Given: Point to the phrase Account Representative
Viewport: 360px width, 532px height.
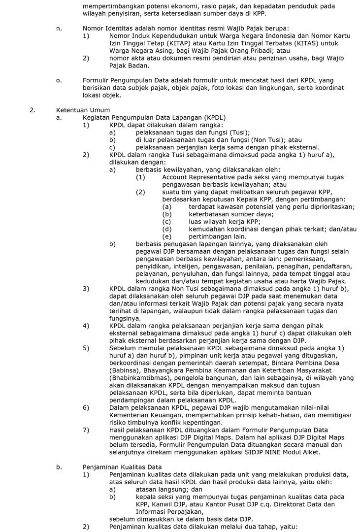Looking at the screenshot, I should tap(204, 177).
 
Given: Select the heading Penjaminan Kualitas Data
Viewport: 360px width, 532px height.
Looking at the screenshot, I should tap(123, 466).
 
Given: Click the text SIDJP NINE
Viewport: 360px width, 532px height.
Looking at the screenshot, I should tap(248, 452).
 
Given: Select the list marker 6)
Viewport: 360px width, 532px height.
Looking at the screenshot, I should tap(86, 407).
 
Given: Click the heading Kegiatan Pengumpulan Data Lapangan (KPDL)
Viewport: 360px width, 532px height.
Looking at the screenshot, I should tap(154, 117).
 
